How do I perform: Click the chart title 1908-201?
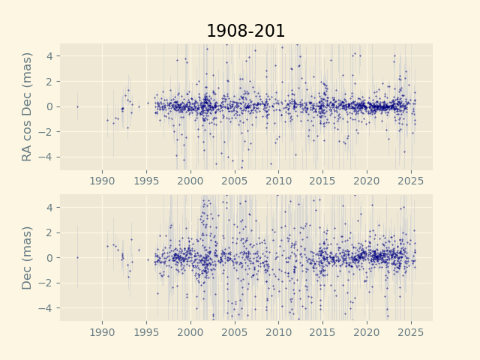pyautogui.click(x=245, y=31)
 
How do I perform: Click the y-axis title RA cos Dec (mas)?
pyautogui.click(x=28, y=106)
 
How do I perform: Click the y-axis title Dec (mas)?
pyautogui.click(x=28, y=257)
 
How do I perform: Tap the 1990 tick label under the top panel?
pyautogui.click(x=103, y=180)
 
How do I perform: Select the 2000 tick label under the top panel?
pyautogui.click(x=190, y=180)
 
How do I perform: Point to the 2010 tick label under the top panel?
pyautogui.click(x=279, y=180)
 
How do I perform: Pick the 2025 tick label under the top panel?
pyautogui.click(x=411, y=180)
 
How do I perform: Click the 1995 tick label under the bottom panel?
pyautogui.click(x=147, y=331)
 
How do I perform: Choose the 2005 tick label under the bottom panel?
pyautogui.click(x=235, y=331)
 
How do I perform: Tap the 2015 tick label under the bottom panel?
pyautogui.click(x=323, y=331)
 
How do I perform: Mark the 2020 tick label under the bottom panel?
pyautogui.click(x=367, y=331)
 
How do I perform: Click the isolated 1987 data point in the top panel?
pyautogui.click(x=77, y=106)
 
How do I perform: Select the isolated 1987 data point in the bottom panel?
pyautogui.click(x=77, y=257)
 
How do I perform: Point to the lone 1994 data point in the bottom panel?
pyautogui.click(x=138, y=250)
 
